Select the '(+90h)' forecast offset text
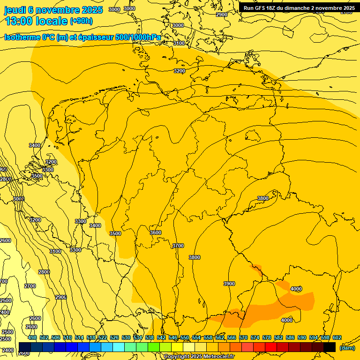click(x=81, y=21)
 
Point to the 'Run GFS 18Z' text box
click(x=299, y=7)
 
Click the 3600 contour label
click(x=156, y=233)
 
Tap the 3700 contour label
click(x=178, y=246)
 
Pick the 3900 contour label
click(x=229, y=284)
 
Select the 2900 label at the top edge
click(x=222, y=15)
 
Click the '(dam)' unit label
click(x=347, y=348)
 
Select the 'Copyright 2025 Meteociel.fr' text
click(x=199, y=357)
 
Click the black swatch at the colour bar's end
click(x=330, y=346)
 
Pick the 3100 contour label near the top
click(x=179, y=43)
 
